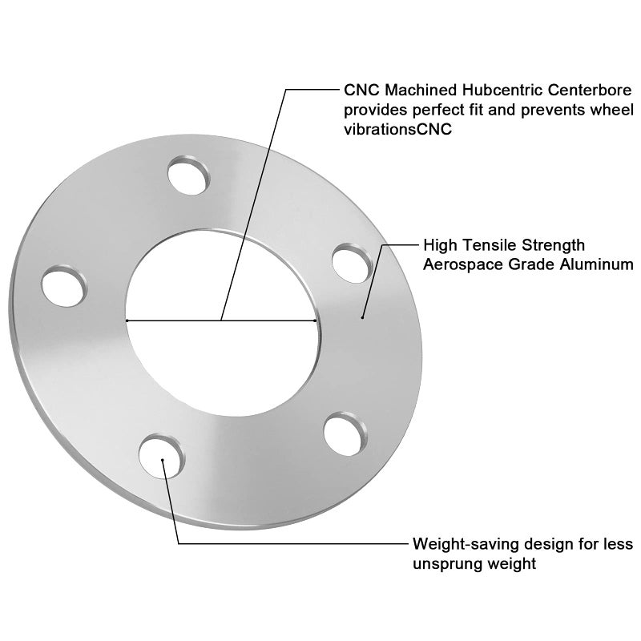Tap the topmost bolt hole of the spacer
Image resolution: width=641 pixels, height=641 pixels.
[188, 175]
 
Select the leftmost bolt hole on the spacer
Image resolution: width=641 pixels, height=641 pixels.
[64, 286]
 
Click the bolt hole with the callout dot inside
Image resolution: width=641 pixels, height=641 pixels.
[162, 457]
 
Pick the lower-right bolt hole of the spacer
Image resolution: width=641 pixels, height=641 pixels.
[345, 434]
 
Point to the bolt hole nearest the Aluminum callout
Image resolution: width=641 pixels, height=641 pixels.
[353, 264]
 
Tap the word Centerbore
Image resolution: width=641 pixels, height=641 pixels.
[590, 90]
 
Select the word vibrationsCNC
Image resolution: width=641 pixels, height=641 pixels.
[397, 129]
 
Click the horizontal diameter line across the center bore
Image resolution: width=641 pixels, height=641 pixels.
[221, 320]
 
